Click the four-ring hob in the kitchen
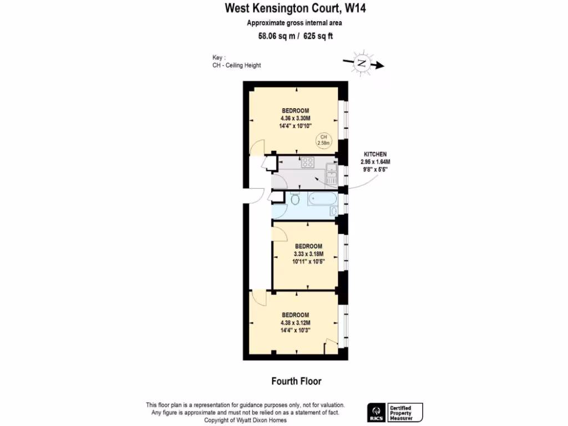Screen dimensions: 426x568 pos(307,163)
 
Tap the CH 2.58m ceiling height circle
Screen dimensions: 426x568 pos(323,140)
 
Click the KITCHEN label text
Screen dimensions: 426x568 pos(375,154)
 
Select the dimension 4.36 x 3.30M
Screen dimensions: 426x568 pos(295,118)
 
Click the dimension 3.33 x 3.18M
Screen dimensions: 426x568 pos(308,254)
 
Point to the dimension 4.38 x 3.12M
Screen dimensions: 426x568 pos(295,323)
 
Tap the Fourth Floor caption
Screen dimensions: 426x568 pos(296,381)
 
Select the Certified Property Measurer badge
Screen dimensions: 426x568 pos(404,412)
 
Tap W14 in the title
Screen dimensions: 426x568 pos(356,8)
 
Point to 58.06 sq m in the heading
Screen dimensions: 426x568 pos(270,37)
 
